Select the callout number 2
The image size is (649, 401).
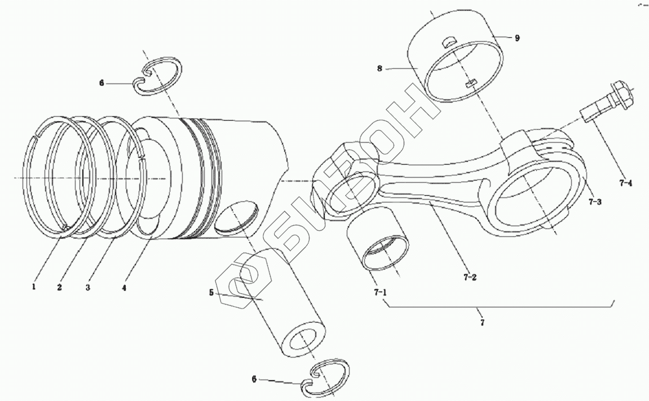(59, 287)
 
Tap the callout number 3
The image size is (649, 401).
(88, 287)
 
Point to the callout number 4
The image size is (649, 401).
(124, 287)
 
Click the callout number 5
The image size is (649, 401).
(211, 293)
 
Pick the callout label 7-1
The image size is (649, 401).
(380, 292)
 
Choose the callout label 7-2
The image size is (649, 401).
(470, 277)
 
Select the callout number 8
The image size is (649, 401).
(380, 68)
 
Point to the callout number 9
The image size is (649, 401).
(516, 38)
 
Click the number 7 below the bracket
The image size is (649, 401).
(483, 323)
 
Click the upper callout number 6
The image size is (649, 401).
(101, 83)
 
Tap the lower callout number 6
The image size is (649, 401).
(254, 379)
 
